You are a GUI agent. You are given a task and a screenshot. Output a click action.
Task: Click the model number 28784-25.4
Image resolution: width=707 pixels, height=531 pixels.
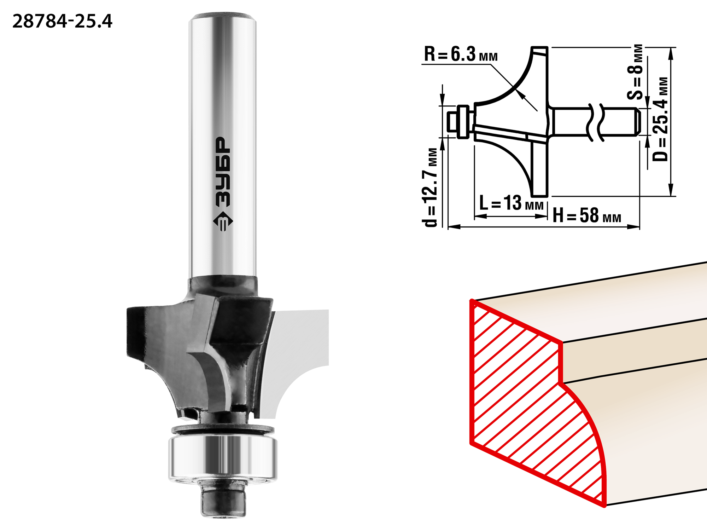point(62,21)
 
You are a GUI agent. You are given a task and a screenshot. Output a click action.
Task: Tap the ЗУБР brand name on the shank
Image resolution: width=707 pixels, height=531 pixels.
point(223,172)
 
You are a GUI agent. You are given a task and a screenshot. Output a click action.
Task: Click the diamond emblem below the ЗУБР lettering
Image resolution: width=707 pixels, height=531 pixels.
point(223,222)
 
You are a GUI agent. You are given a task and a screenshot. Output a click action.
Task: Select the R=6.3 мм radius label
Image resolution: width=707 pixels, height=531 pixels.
point(461,54)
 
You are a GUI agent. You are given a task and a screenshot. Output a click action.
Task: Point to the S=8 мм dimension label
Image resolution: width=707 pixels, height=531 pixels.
point(636,72)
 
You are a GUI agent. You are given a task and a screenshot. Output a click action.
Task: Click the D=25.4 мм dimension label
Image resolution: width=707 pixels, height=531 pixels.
point(660,119)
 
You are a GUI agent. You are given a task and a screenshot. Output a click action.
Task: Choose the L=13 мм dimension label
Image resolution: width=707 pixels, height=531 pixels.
point(511,203)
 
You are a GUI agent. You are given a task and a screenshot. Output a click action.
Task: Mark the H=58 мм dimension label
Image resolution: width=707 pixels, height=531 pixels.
point(587,215)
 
